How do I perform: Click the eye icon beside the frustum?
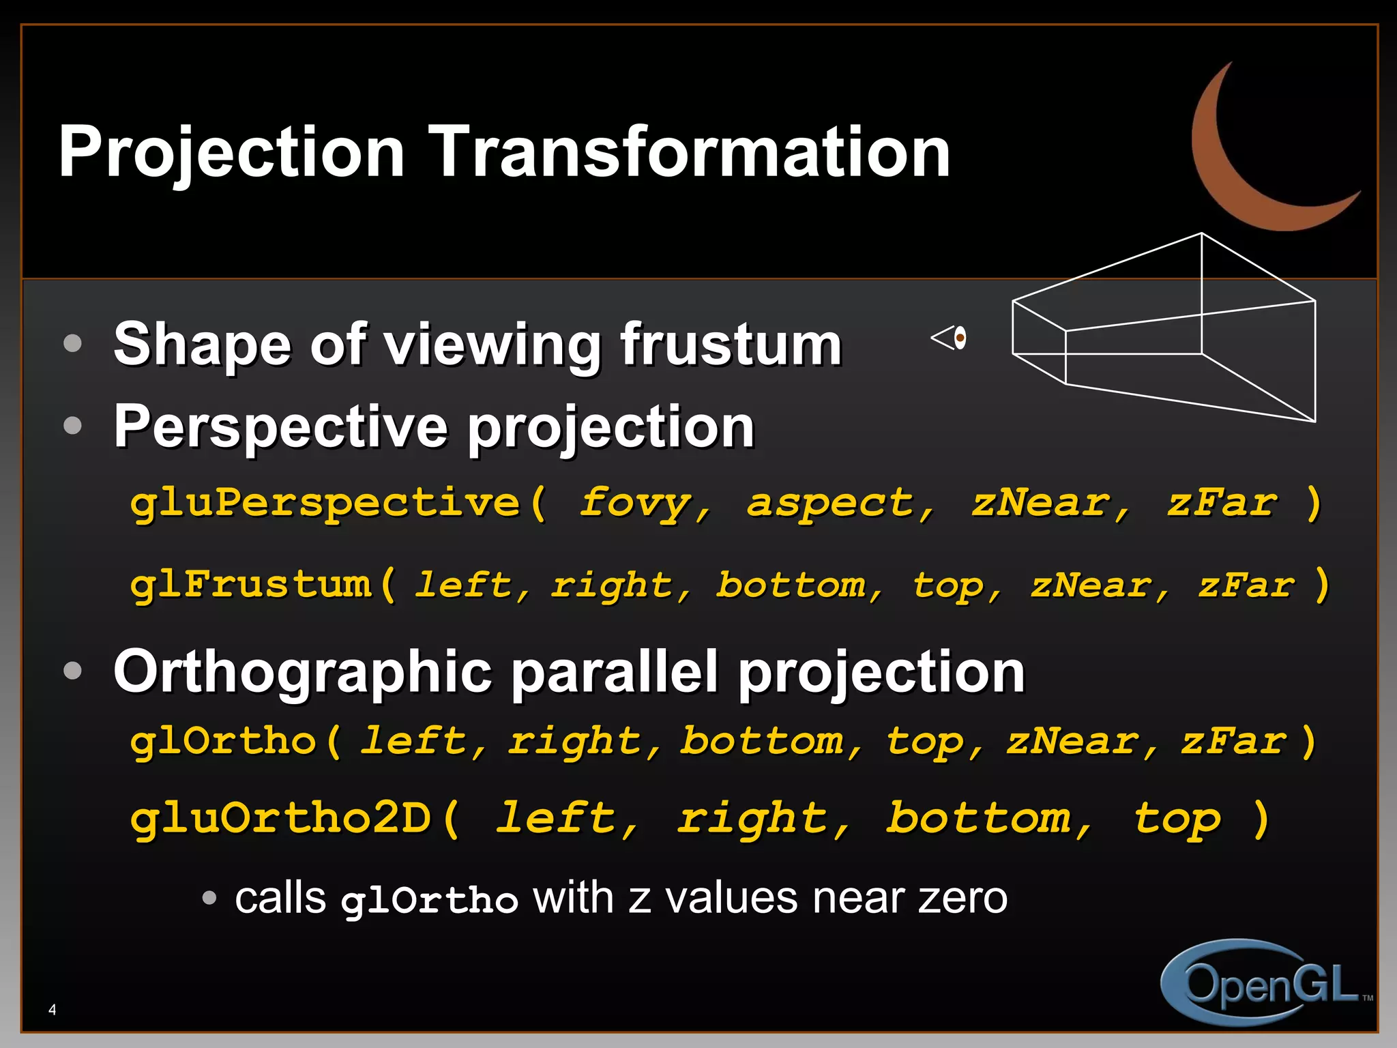tap(950, 338)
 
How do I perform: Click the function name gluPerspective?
tap(325, 504)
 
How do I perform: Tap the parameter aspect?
tap(831, 504)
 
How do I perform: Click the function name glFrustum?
tap(251, 585)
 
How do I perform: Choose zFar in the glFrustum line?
tap(1246, 585)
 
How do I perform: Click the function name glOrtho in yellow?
tap(224, 742)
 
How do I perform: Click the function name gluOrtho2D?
tap(280, 818)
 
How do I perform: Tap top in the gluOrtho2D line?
tap(1177, 818)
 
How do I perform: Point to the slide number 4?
tap(53, 1010)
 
